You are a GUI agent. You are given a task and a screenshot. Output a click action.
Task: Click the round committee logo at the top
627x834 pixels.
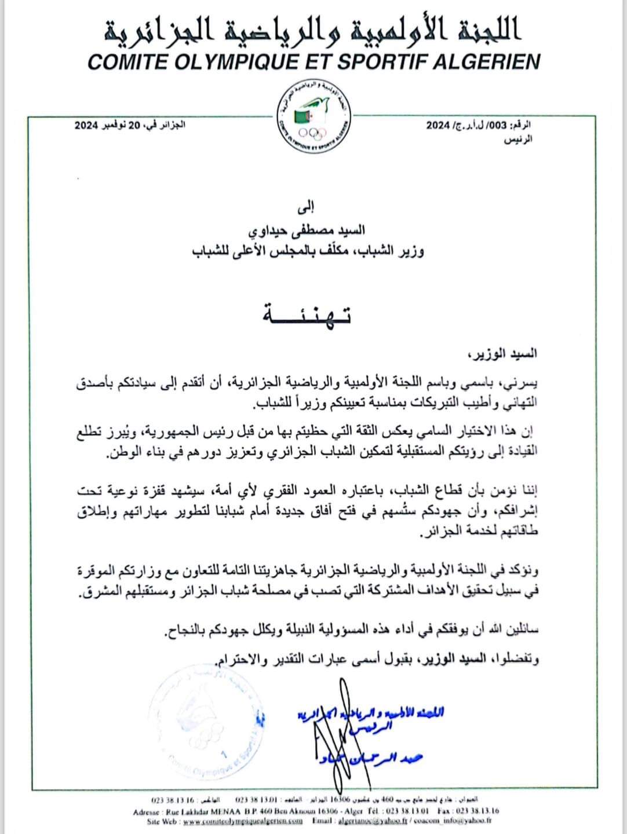click(x=312, y=118)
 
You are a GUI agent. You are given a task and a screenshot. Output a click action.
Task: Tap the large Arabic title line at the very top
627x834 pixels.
click(x=313, y=29)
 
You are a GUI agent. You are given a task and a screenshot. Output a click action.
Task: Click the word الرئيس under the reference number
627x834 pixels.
click(x=520, y=140)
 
